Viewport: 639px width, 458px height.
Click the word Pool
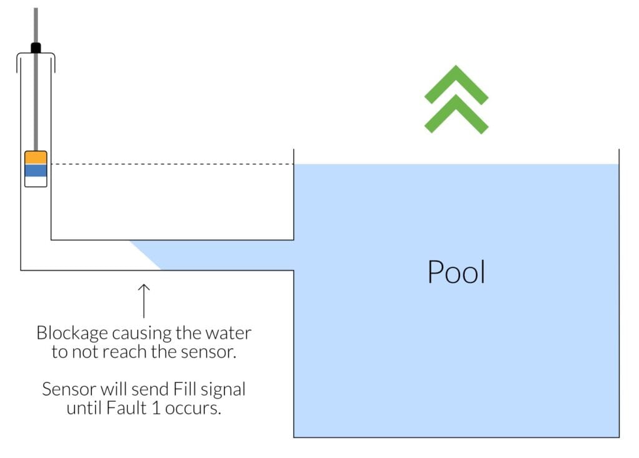tap(456, 272)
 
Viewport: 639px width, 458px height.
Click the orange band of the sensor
tap(36, 157)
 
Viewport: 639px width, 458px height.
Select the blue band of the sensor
tap(36, 170)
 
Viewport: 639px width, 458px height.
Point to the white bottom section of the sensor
tap(36, 181)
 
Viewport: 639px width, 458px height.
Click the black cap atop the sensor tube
tap(36, 47)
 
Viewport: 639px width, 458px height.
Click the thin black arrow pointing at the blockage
tap(144, 301)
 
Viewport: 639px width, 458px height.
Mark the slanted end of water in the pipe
tap(145, 255)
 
